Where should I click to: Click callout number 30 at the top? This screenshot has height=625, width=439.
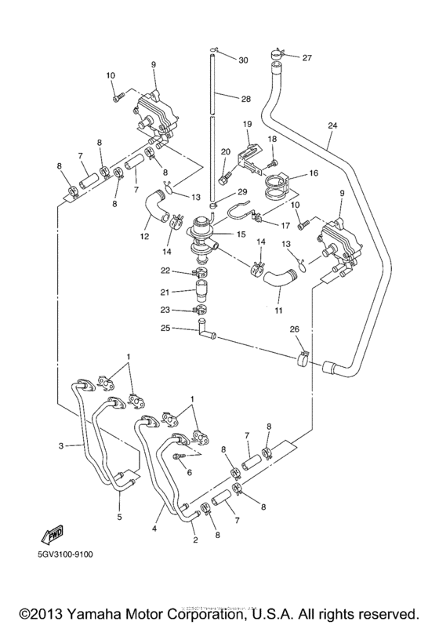(242, 60)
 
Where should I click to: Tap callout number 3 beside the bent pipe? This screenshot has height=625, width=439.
(61, 446)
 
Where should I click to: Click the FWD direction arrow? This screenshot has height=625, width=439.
(53, 535)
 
